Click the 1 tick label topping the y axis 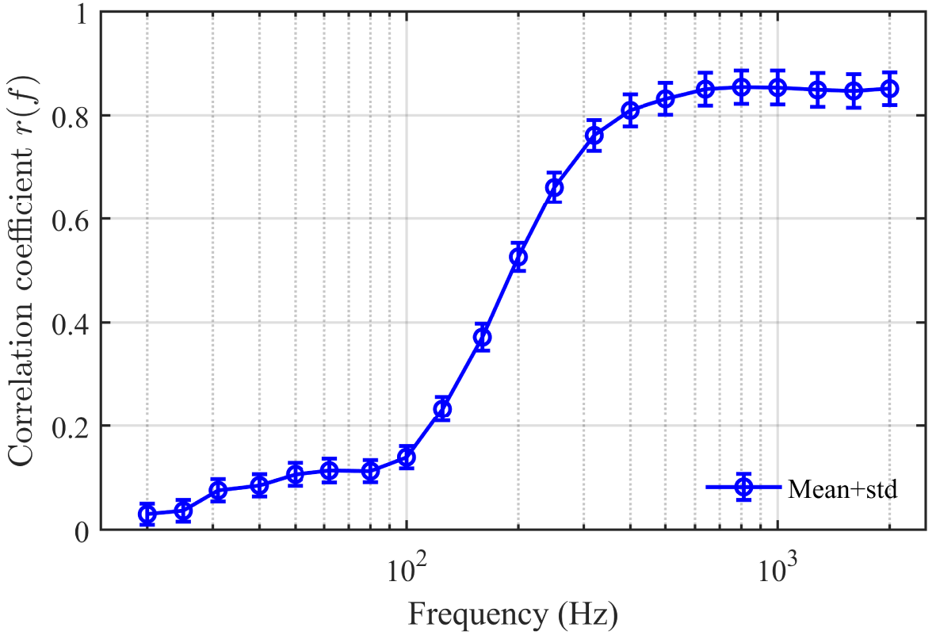pos(82,13)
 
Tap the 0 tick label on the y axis pos(82,530)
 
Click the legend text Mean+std pos(842,489)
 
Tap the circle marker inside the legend pos(743,488)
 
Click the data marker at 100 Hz pos(407,457)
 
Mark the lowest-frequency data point pos(147,514)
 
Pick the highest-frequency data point pos(890,89)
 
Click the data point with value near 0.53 pos(518,257)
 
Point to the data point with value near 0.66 pos(555,188)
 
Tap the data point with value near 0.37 pos(482,337)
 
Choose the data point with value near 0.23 pos(442,409)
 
